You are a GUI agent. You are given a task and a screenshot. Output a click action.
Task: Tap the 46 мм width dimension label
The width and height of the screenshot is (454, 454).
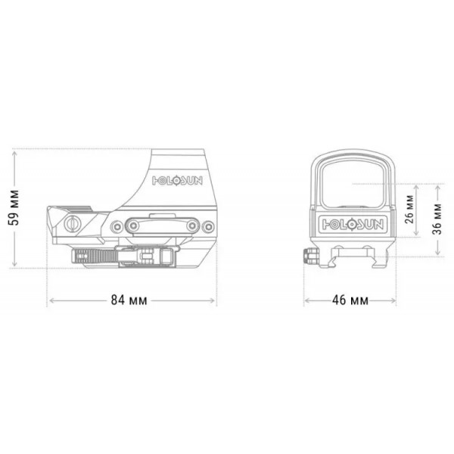[x=350, y=300]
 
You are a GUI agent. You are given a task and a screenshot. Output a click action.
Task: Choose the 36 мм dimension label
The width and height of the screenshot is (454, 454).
[x=437, y=219]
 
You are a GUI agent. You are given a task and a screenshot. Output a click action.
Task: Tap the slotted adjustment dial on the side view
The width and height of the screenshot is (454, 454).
[x=73, y=224]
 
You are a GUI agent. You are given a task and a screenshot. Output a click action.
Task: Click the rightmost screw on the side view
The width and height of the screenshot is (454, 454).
[x=207, y=225]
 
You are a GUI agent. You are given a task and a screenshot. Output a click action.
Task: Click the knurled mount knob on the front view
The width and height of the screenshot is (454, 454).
[x=309, y=255]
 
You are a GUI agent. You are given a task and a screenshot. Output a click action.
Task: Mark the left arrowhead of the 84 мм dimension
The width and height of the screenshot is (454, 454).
[x=51, y=300]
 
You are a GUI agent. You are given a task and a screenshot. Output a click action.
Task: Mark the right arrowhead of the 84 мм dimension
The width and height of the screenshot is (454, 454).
[x=214, y=300]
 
